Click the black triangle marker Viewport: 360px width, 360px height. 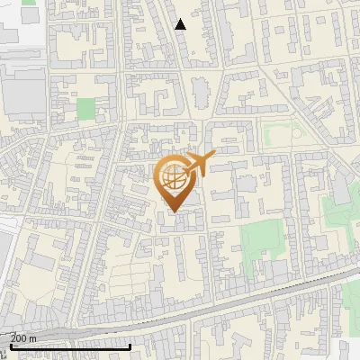click(x=181, y=24)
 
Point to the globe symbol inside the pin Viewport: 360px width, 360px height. click(x=174, y=176)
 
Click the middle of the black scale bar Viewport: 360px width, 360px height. click(x=70, y=346)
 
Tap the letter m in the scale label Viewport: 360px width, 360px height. click(x=33, y=338)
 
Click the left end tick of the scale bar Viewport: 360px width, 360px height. click(x=10, y=346)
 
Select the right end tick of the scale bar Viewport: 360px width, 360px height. click(x=130, y=346)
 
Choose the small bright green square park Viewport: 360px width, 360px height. click(x=85, y=110)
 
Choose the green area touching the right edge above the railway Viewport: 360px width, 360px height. click(x=342, y=216)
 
